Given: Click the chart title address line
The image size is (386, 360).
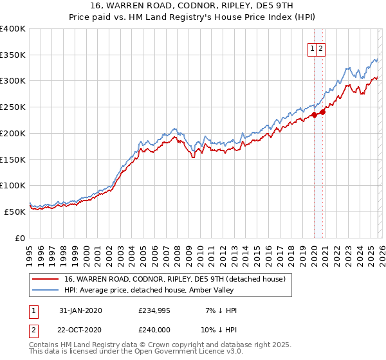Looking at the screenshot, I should point(193,6).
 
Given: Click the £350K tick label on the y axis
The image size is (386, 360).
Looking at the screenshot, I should point(13,55).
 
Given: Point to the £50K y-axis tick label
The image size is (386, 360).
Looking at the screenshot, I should point(15,212).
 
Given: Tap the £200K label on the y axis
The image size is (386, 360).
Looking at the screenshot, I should point(13,133).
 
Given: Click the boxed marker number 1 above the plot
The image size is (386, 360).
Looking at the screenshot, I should point(313,48).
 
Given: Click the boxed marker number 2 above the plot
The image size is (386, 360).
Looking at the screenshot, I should point(320,48).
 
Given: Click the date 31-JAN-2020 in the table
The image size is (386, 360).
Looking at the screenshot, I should point(80,310).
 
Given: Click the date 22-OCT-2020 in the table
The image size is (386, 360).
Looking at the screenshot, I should point(80,329).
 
